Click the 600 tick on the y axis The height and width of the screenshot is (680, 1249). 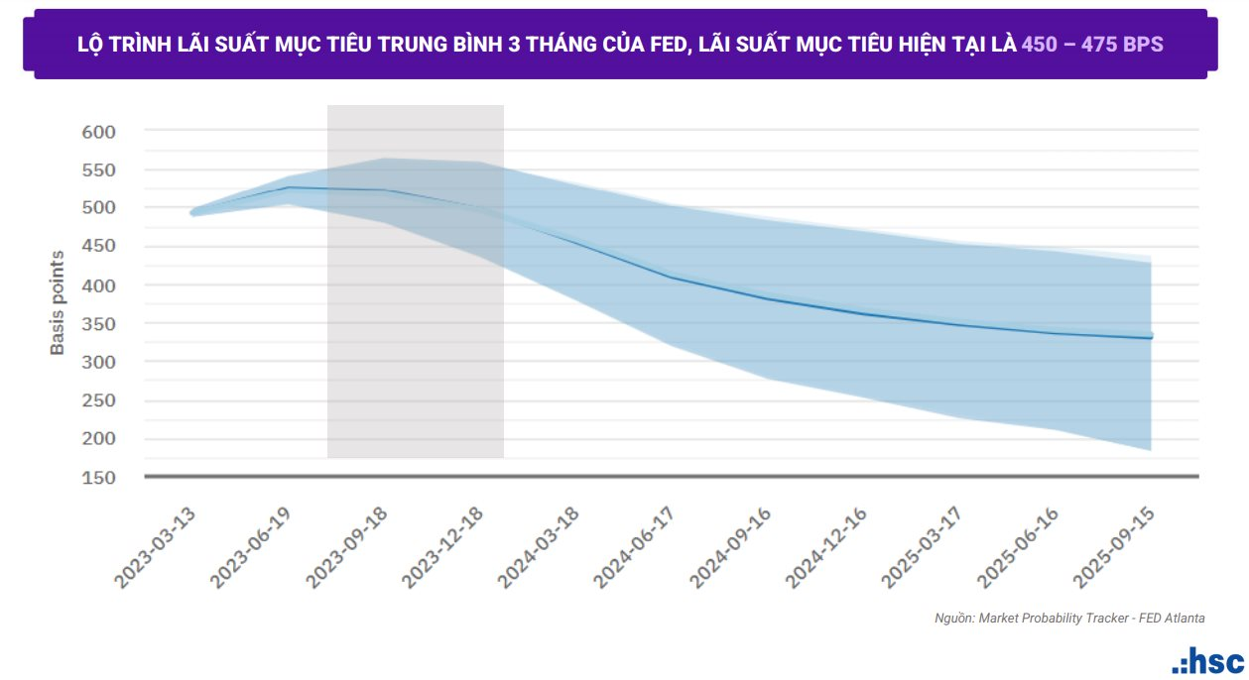[98, 131]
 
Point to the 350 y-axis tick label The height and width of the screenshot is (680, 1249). [98, 323]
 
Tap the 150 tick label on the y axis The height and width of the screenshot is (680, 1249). [98, 477]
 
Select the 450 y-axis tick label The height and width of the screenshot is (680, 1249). [98, 247]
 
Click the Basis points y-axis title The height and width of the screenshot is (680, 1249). [58, 303]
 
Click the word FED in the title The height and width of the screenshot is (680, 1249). [662, 45]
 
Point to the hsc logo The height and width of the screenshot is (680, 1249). [1206, 661]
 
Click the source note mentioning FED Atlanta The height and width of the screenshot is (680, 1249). [1069, 618]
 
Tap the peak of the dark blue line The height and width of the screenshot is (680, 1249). [289, 187]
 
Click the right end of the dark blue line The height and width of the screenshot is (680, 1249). [1151, 338]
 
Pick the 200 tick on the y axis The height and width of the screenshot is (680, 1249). [98, 438]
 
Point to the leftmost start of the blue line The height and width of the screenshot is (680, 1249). [192, 212]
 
